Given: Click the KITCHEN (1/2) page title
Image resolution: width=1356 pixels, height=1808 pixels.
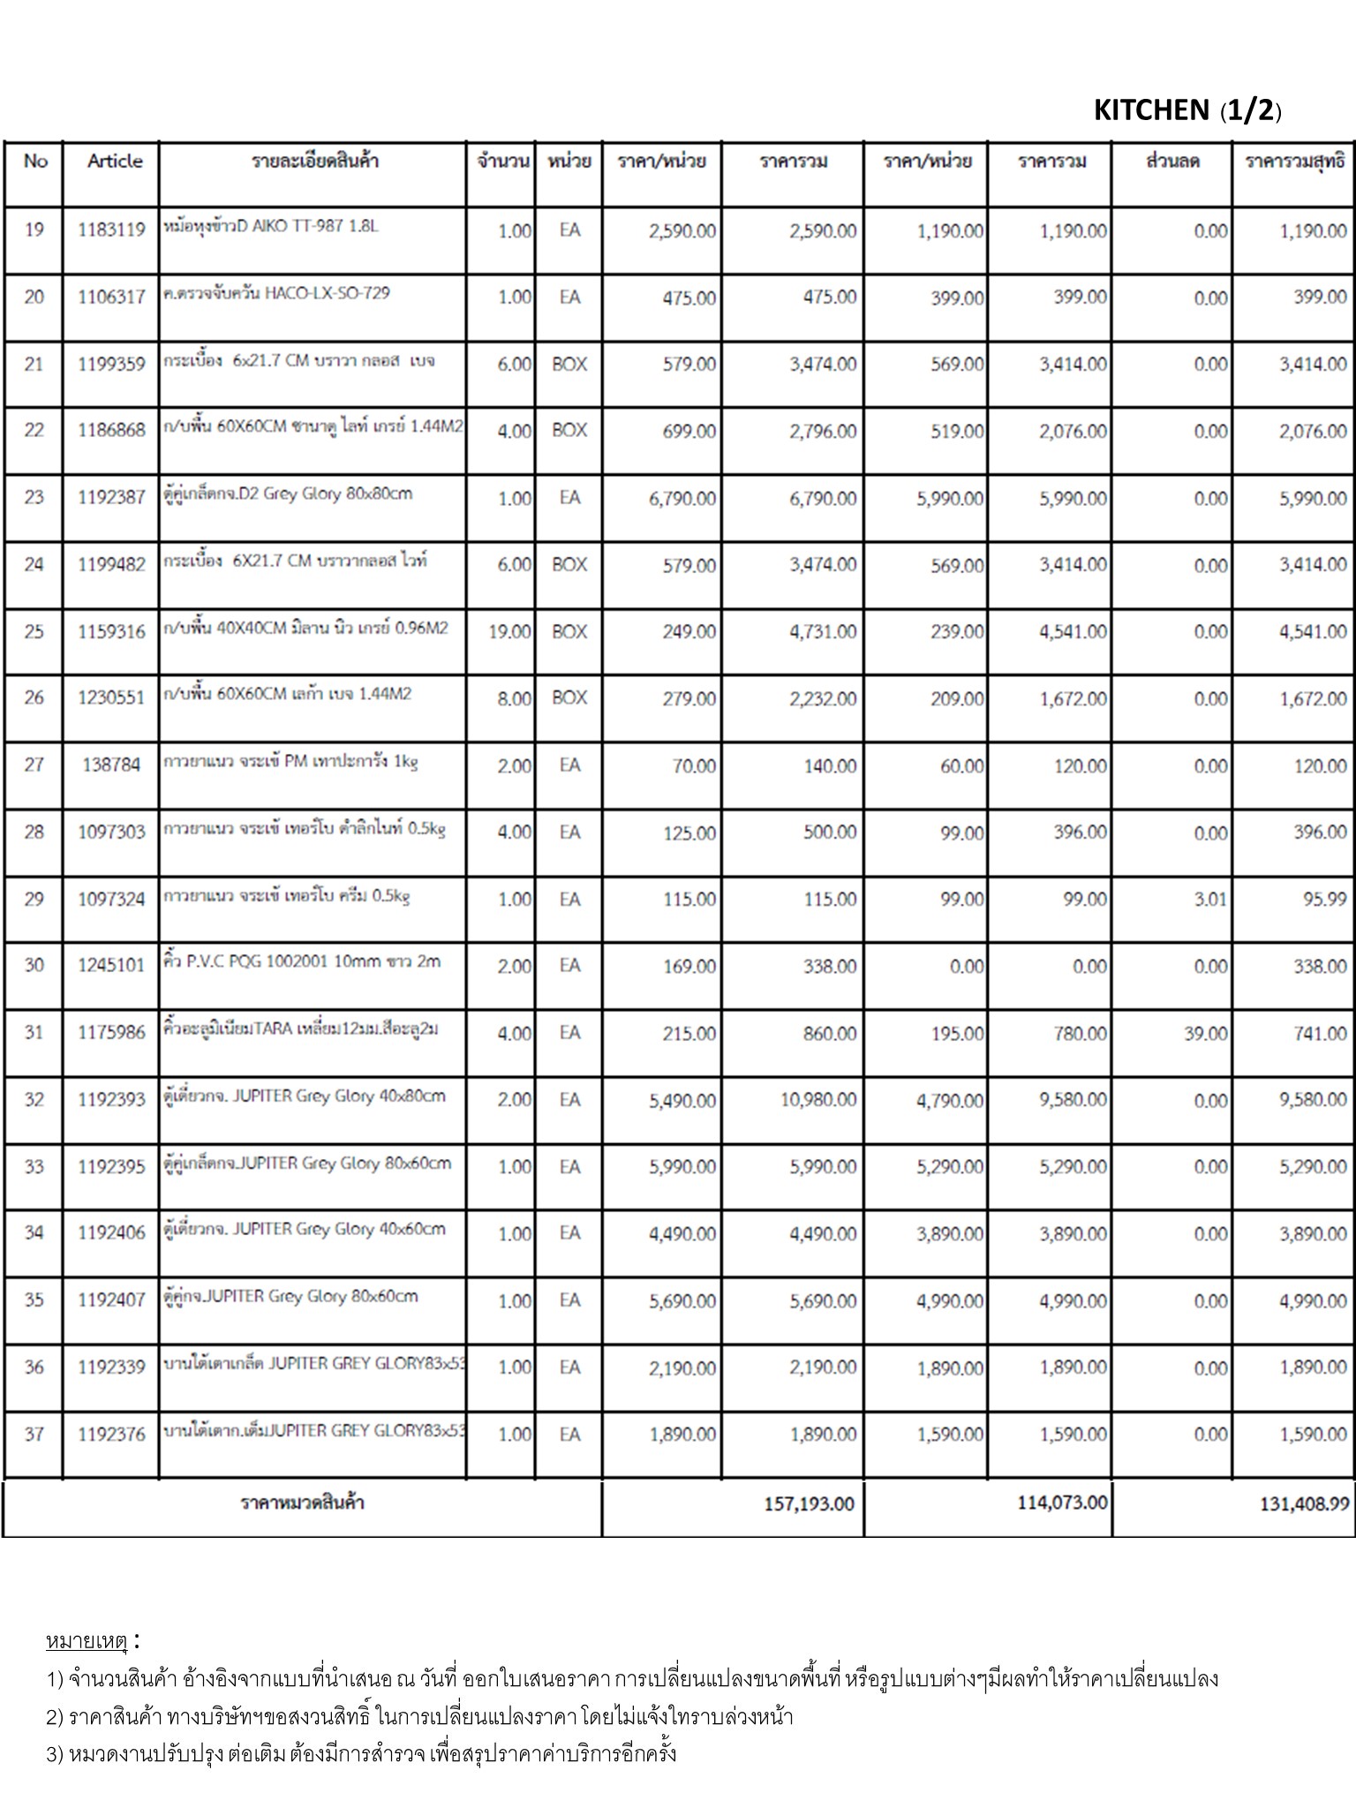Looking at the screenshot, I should tap(1186, 110).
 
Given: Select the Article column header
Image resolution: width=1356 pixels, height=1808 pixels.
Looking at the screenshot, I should tap(115, 161).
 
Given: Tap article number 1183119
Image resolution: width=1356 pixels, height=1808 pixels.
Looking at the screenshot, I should tap(111, 230).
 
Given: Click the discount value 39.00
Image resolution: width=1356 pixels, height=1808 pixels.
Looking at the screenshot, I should tap(1205, 1034).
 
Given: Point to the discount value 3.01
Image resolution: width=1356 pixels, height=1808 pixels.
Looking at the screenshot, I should tap(1209, 900).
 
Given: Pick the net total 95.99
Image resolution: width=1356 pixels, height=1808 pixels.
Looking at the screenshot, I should tap(1323, 900).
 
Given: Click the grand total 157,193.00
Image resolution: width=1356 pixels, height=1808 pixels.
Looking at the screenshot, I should tap(809, 1503).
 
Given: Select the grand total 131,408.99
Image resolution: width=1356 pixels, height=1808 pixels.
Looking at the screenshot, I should tap(1304, 1504).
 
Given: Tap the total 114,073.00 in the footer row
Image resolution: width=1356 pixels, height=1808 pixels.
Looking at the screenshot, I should tap(1062, 1503).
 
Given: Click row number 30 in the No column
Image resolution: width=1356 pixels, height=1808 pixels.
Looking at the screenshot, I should tap(34, 966).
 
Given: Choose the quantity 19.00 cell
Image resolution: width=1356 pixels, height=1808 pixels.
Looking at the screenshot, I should tap(509, 632).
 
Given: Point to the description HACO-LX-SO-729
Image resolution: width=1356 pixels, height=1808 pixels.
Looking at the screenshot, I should tap(276, 293).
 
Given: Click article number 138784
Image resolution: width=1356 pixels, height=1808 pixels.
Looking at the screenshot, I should tap(111, 765).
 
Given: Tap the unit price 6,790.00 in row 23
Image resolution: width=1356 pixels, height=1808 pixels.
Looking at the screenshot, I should tap(682, 499).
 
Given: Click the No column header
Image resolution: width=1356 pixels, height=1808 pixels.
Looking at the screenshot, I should tap(35, 161).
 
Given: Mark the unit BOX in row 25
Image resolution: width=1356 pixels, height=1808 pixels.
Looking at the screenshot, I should tap(569, 632).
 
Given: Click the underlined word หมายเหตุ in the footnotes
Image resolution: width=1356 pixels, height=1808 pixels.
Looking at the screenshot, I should tap(87, 1641).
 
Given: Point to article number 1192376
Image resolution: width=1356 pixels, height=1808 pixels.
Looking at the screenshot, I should tap(111, 1435).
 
